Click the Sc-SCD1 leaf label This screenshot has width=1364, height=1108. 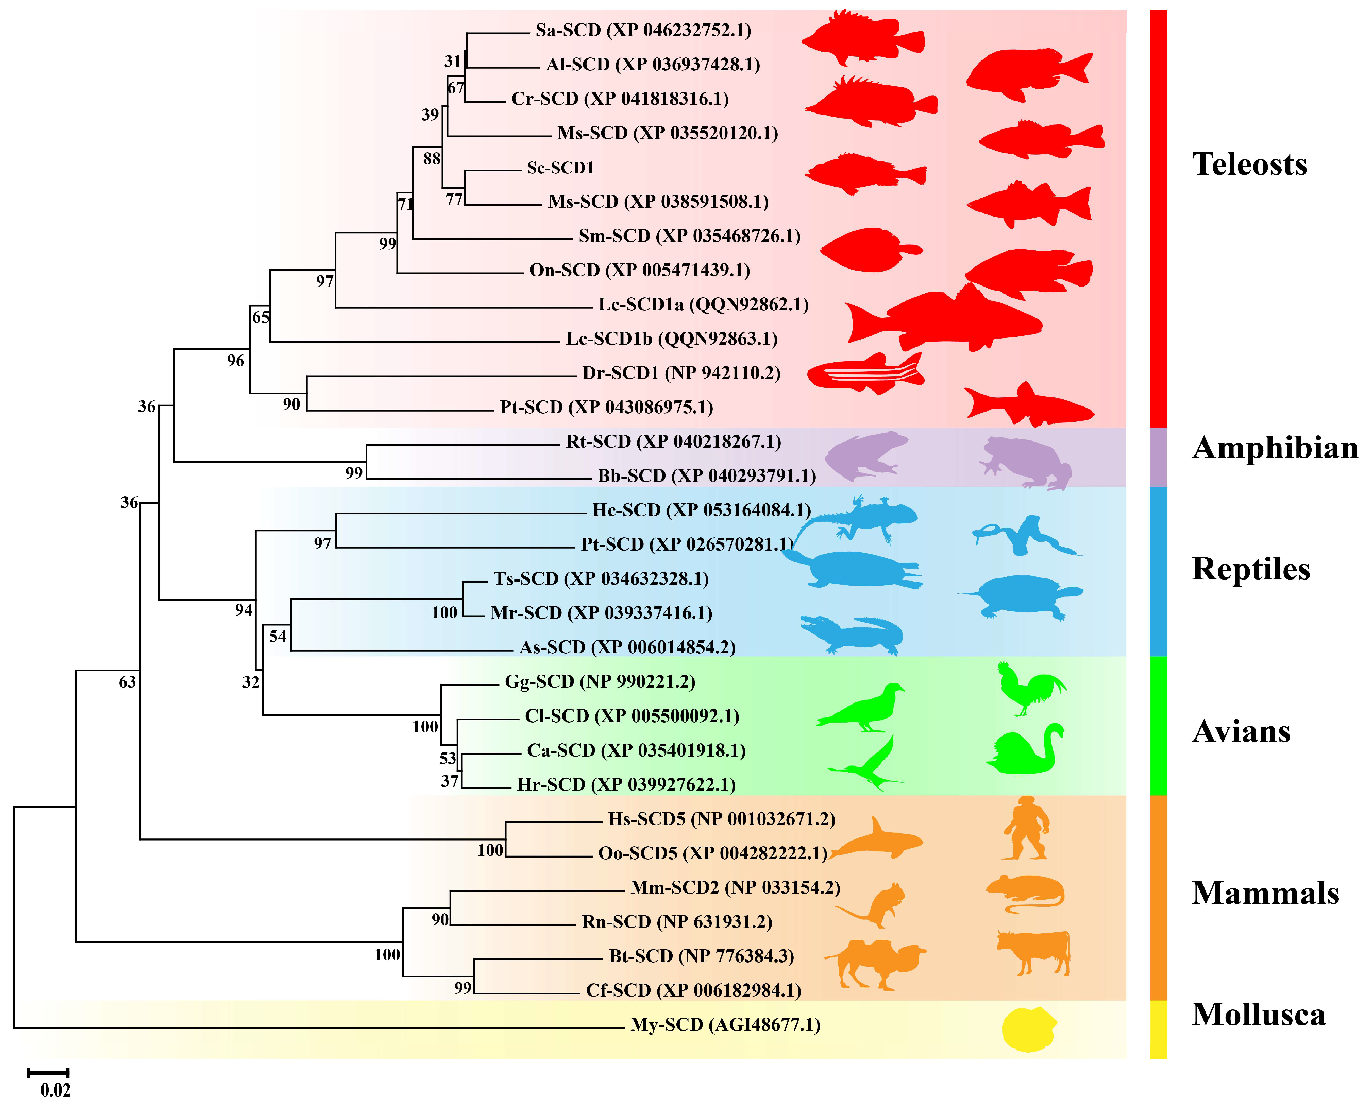pos(560,168)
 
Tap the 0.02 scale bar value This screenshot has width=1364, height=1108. pos(55,1090)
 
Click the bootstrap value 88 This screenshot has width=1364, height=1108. pos(432,158)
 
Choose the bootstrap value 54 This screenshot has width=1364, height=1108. pos(277,636)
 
